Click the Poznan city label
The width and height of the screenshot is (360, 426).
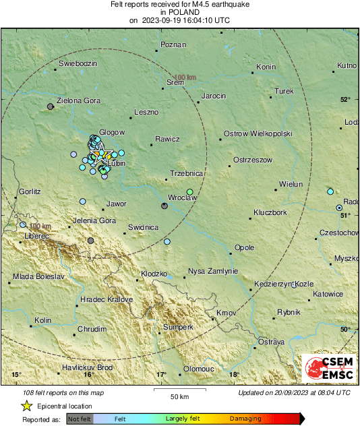tap(172, 46)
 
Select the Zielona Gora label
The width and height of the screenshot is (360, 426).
tap(79, 100)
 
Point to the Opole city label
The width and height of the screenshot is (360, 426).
tap(244, 247)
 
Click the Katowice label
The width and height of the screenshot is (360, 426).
tap(328, 294)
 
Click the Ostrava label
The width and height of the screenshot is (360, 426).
tap(272, 342)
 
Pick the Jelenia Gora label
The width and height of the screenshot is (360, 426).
tap(94, 220)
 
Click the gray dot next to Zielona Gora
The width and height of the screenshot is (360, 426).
tap(50, 106)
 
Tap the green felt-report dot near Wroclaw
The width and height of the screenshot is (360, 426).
tap(190, 192)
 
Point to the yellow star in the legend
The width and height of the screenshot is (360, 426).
tap(26, 406)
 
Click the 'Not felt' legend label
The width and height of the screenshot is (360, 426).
tap(80, 419)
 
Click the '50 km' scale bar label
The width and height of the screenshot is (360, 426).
tap(179, 396)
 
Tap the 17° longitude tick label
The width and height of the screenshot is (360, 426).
tap(161, 375)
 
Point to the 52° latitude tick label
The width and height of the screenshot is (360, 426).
tap(345, 100)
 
